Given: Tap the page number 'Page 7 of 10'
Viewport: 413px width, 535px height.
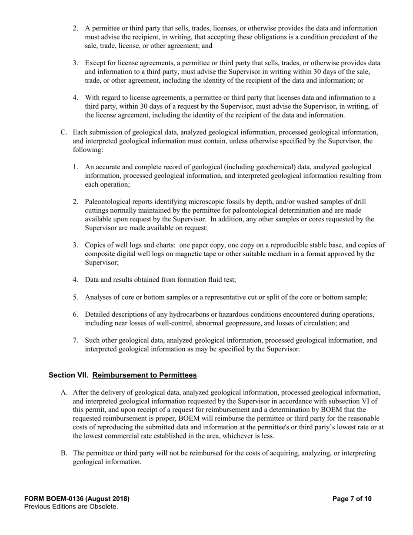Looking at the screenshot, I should pos(352,499).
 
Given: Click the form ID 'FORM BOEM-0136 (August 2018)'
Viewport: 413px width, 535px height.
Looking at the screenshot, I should pos(77,499).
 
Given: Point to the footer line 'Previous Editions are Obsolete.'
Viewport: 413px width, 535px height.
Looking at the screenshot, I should pos(71,507).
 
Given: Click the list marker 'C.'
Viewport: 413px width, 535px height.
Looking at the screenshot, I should pos(64,132).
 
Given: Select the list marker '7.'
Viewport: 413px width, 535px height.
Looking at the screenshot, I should pos(76,341).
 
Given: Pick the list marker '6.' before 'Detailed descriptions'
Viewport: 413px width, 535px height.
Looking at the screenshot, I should pos(76,314).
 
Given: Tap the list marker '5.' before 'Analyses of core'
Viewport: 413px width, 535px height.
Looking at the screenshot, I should pos(76,298).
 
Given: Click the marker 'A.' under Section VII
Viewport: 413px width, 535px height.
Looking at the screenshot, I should pos(64,393).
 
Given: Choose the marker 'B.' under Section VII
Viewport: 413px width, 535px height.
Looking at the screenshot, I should pos(64,453).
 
